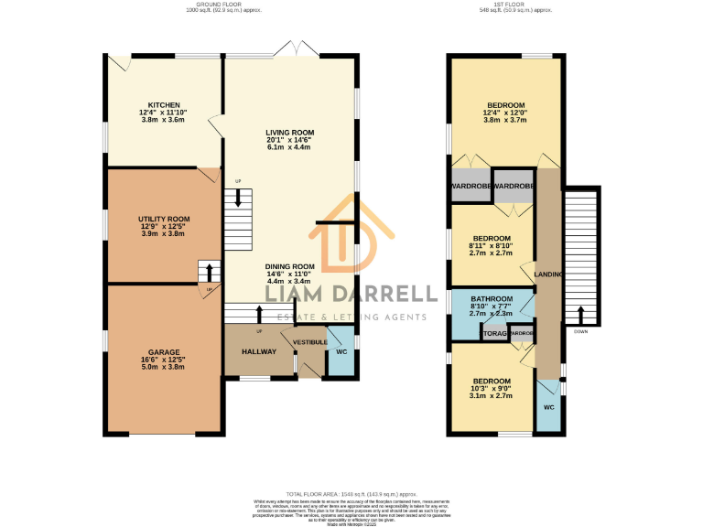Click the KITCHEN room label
tap(165, 105)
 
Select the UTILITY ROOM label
tap(164, 219)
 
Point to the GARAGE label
tap(164, 351)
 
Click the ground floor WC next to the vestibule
tap(341, 351)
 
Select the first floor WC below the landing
tap(549, 406)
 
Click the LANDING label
tap(549, 274)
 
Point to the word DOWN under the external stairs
tap(580, 332)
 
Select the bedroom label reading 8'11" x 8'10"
tap(491, 239)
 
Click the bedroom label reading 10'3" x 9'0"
tap(491, 380)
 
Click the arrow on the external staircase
tap(580, 316)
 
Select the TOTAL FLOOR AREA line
tap(351, 493)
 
